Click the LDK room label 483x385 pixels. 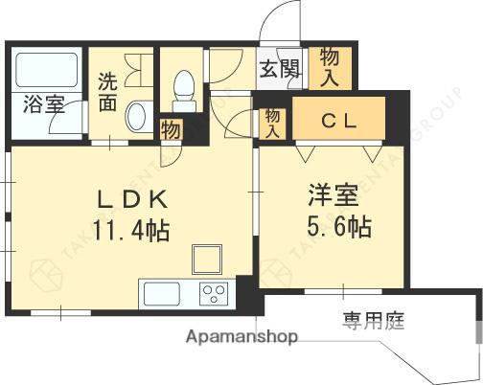click(x=134, y=200)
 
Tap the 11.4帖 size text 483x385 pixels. click(x=133, y=229)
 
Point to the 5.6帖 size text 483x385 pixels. click(x=333, y=228)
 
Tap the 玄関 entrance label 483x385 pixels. click(x=278, y=69)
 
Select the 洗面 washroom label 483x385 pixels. click(x=108, y=90)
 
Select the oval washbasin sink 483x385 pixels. click(x=135, y=117)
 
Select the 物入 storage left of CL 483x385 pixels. click(x=272, y=122)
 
